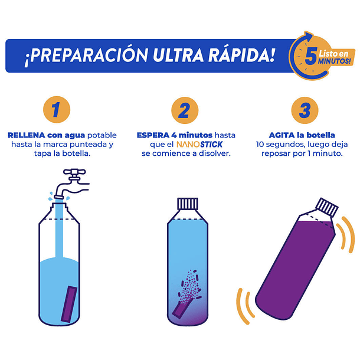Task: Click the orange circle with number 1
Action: pos(57,110)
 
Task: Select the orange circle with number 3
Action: pos(305,110)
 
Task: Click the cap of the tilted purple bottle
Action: pos(328,208)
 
